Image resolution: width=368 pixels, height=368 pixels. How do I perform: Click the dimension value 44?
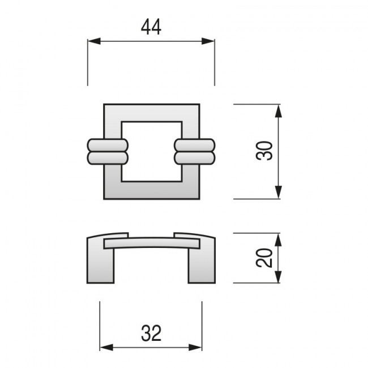[151, 27]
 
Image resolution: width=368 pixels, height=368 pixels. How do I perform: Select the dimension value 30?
[264, 151]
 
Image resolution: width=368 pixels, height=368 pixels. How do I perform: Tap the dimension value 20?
[264, 258]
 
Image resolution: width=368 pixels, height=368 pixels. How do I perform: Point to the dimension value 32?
[151, 333]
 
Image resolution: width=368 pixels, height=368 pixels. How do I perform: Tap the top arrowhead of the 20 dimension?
[278, 238]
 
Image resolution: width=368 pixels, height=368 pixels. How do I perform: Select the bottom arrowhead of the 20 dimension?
[278, 277]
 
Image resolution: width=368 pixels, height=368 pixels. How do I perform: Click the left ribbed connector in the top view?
[107, 152]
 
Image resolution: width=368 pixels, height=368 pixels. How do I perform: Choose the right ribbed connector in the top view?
[195, 152]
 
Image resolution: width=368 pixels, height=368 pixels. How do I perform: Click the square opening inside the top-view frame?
[151, 151]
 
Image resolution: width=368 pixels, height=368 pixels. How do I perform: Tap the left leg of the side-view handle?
[100, 260]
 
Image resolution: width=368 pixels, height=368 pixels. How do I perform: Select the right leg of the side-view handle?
[201, 260]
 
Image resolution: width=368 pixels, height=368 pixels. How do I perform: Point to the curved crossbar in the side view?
[151, 242]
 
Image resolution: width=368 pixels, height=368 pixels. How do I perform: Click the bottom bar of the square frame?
[151, 190]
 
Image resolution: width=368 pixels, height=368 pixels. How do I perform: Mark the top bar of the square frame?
[151, 112]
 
